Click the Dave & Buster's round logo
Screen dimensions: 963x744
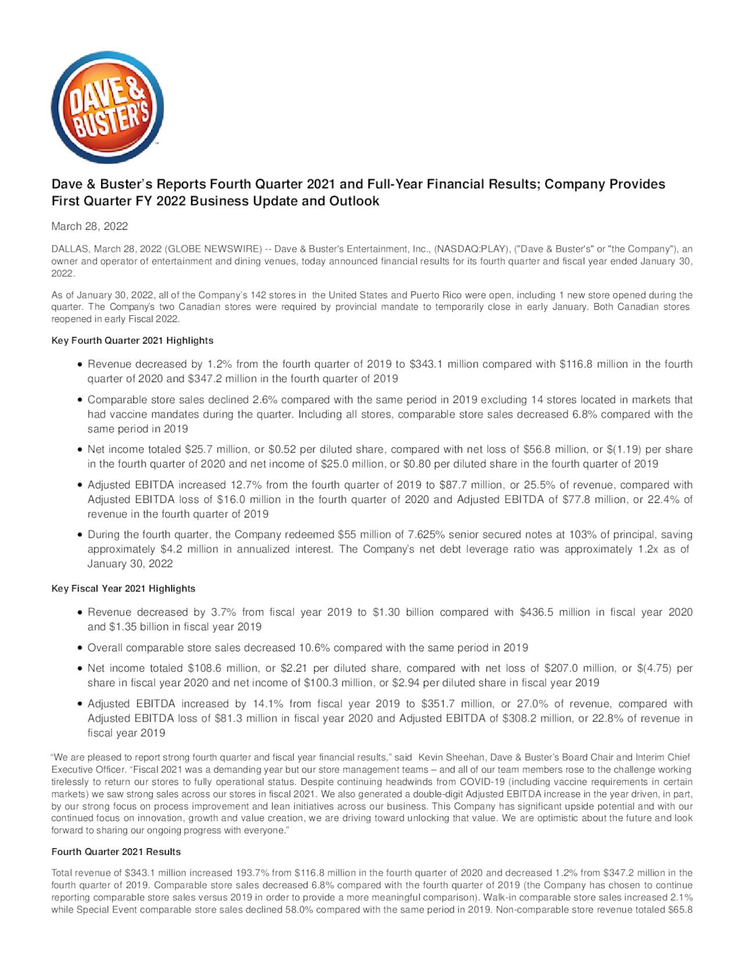coord(108,108)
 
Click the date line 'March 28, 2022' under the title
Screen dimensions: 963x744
coord(90,226)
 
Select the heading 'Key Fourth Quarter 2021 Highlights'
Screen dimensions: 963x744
coord(133,340)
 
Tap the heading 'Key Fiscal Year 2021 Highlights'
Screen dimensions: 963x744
coord(123,588)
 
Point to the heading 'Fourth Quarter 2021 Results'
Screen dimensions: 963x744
coord(116,852)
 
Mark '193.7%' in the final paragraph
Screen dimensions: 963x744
coord(253,873)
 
